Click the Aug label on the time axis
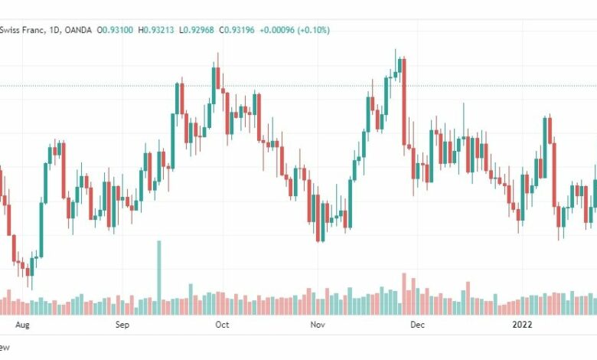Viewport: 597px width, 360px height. click(22, 325)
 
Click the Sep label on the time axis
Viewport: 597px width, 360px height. click(122, 325)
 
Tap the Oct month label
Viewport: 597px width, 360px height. click(222, 325)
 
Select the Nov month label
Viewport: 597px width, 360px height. click(318, 325)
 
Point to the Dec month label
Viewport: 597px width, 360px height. click(417, 325)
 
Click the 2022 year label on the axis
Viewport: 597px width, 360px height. click(522, 325)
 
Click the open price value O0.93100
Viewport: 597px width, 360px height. click(115, 30)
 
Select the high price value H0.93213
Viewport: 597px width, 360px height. click(155, 30)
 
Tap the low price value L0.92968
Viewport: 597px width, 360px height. click(197, 30)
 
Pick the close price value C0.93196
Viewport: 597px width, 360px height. click(237, 30)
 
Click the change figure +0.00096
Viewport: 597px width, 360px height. click(277, 30)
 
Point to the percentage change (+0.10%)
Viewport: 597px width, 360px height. click(313, 30)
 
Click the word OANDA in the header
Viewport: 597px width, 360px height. click(78, 30)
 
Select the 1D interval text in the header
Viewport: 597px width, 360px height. click(56, 30)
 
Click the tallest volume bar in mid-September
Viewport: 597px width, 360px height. click(158, 277)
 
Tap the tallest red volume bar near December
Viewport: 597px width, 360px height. click(404, 293)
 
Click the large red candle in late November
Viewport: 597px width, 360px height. click(404, 102)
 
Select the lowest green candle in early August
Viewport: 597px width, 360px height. click(32, 267)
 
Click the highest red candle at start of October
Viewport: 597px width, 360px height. click(218, 77)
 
